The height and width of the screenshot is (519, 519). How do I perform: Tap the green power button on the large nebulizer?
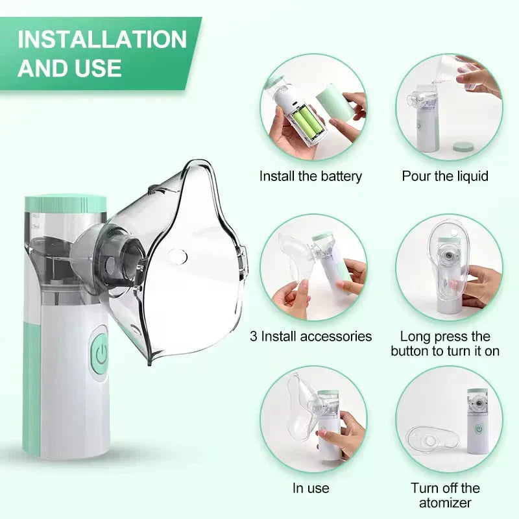(100, 354)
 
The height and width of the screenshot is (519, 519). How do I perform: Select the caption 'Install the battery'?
(311, 176)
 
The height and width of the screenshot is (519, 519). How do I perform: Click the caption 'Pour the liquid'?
(445, 176)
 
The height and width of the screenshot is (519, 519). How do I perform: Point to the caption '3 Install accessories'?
(311, 336)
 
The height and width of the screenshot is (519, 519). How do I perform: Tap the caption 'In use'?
(311, 488)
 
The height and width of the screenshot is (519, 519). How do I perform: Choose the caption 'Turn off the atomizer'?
(445, 495)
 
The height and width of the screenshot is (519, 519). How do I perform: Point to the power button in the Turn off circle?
(478, 429)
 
